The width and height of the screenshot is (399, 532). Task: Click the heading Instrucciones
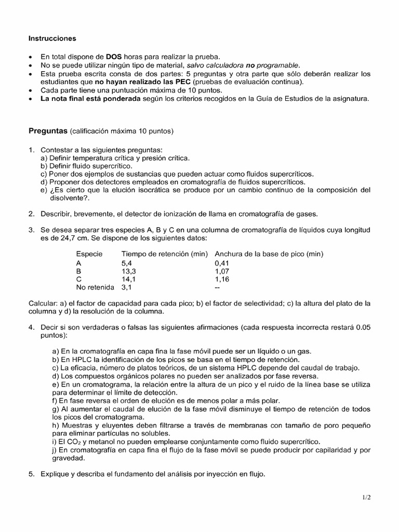52,38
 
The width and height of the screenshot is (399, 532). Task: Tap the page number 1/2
367,497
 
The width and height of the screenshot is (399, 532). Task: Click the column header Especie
89,254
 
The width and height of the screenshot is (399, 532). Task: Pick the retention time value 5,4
127,263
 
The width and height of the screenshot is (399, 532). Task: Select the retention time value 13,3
129,271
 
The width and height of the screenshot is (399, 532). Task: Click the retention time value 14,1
129,279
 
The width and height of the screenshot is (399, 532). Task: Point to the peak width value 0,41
222,263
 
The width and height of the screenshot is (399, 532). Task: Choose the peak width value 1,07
222,271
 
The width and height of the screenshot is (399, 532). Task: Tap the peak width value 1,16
222,279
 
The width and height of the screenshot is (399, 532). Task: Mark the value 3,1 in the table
127,287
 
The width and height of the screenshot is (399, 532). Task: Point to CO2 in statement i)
73,442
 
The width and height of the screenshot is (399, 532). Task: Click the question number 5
31,473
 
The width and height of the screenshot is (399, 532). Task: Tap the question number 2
31,214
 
